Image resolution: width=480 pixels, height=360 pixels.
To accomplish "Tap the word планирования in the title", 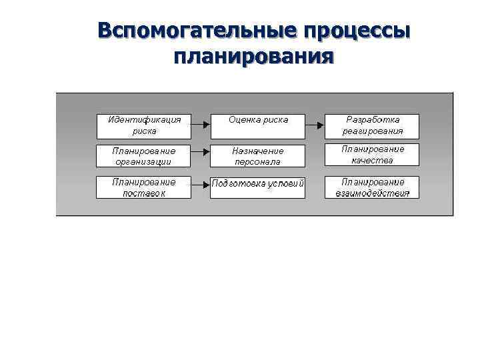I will (x=253, y=56).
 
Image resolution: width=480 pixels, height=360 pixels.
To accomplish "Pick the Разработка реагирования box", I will (x=372, y=125).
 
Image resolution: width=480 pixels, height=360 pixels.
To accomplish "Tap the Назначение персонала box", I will (x=258, y=156).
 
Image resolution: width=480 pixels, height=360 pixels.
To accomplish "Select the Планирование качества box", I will (x=372, y=155).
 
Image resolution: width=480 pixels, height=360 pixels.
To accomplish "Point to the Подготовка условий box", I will (x=258, y=187).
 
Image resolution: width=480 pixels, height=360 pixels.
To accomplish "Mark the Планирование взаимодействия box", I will (x=372, y=187).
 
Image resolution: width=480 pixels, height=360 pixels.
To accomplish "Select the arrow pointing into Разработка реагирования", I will (x=315, y=123).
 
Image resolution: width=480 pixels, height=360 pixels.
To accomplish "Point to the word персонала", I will (x=258, y=162).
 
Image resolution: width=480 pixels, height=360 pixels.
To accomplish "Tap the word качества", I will (x=373, y=160).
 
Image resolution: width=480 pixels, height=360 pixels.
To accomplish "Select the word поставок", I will (x=144, y=193).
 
